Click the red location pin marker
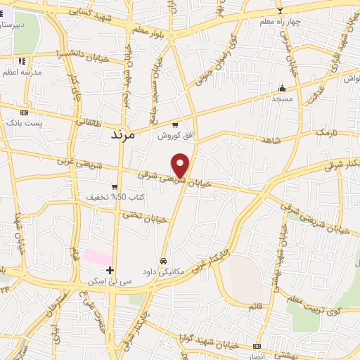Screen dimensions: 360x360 click(181, 165)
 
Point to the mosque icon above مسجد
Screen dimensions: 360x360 click(283, 88)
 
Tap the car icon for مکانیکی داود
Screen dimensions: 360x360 click(164, 259)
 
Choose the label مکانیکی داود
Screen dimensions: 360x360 click(164, 270)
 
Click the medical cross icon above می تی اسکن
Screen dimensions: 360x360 click(110, 270)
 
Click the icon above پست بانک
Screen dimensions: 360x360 click(25, 112)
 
